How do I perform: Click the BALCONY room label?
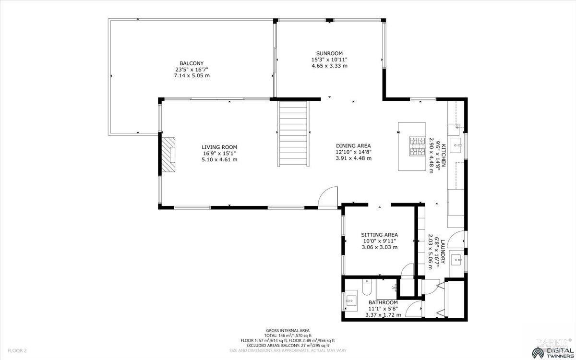click(x=192, y=63)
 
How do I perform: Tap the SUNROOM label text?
click(x=329, y=53)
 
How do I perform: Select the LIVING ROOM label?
click(x=219, y=147)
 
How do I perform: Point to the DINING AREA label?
click(x=353, y=146)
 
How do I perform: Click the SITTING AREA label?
click(x=379, y=235)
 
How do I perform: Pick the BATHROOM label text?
click(x=383, y=302)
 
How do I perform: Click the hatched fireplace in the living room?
click(x=168, y=154)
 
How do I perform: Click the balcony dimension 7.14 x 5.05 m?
click(x=192, y=76)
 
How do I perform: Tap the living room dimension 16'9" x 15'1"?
click(x=219, y=154)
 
